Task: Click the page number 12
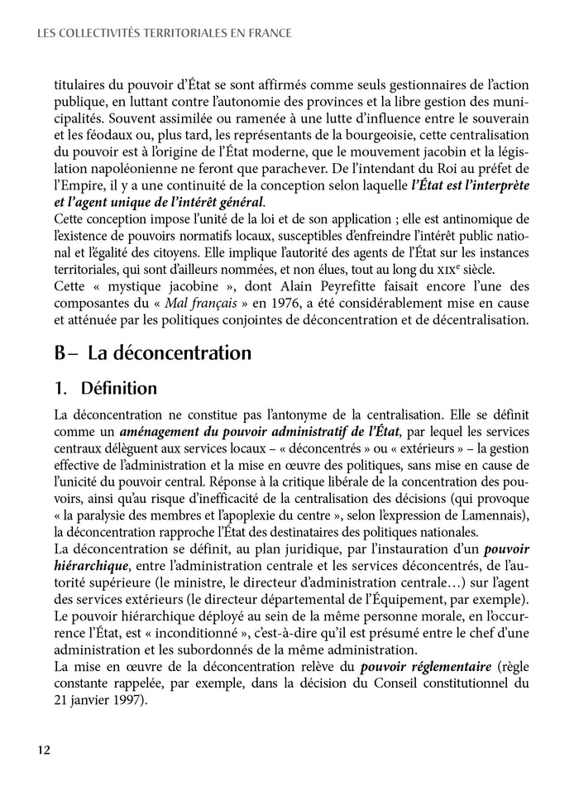[44, 750]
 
